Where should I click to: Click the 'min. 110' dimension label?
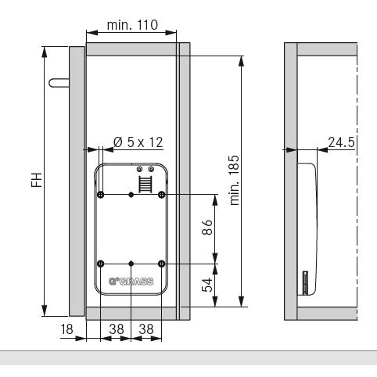click(132, 25)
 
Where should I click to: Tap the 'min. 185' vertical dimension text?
click(235, 180)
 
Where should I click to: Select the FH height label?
click(37, 180)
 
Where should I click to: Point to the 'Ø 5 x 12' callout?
click(138, 142)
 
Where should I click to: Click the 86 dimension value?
click(207, 227)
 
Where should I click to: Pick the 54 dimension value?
click(207, 285)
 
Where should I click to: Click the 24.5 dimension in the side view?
click(341, 142)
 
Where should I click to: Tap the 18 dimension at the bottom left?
click(66, 329)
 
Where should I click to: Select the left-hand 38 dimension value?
click(117, 329)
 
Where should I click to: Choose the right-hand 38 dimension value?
click(146, 329)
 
